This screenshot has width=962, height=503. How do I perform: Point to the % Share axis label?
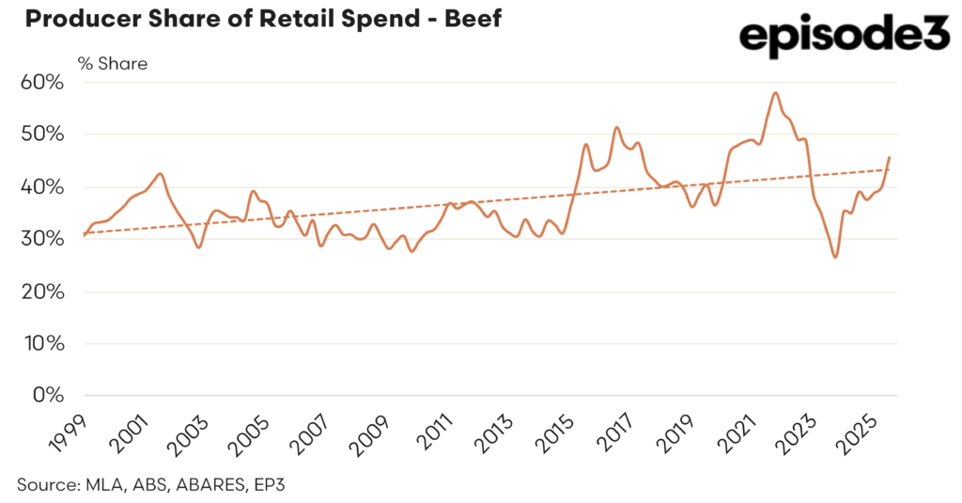112,64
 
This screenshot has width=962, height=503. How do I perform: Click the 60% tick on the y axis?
43,83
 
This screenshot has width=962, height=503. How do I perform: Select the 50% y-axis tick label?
43,134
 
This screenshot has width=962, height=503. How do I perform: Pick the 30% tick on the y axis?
43,239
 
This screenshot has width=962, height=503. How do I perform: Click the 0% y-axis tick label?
48,395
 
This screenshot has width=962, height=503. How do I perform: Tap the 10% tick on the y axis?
43,343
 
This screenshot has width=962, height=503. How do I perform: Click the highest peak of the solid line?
775,93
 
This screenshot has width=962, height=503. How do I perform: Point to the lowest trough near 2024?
835,257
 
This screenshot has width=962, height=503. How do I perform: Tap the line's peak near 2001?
161,174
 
